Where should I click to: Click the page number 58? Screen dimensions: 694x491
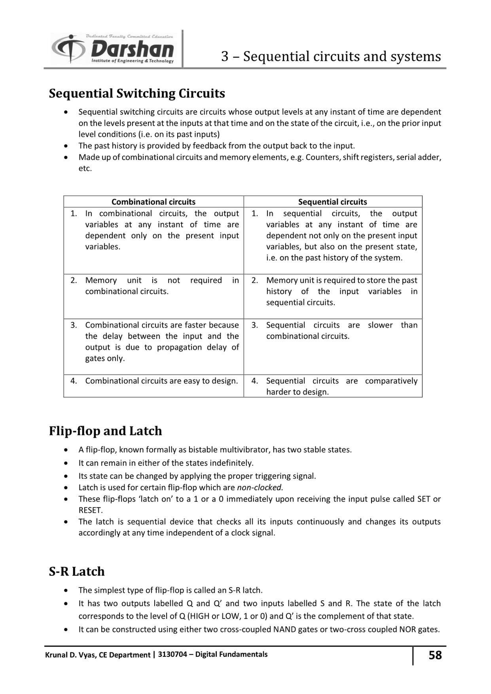435,655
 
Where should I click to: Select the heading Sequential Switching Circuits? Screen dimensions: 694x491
137,93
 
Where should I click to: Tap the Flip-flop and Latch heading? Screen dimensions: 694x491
105,431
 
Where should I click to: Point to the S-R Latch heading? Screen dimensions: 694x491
77,571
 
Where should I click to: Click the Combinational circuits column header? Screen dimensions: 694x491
153,202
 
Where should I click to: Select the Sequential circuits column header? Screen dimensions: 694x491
332,202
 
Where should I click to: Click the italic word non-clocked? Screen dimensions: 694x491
260,487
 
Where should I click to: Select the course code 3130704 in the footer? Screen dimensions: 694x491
172,654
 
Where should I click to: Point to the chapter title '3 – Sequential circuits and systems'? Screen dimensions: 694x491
331,56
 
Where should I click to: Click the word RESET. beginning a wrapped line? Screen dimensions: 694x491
90,510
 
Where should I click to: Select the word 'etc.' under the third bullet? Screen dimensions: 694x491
85,169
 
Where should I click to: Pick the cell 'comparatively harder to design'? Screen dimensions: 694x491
341,386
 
